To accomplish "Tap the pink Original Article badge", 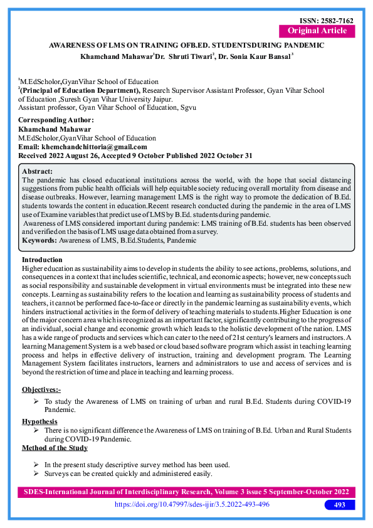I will [x=317, y=31].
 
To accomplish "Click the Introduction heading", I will [x=42, y=260].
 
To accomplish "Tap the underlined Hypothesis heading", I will [x=39, y=421].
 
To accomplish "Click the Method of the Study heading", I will [x=55, y=448].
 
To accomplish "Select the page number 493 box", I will [x=340, y=505].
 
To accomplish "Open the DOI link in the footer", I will [x=191, y=505].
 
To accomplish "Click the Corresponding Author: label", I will [x=56, y=120].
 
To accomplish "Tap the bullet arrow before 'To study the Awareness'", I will [x=36, y=400].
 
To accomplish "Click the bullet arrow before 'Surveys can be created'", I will [x=36, y=473].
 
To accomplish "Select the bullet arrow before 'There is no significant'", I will [x=36, y=431].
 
